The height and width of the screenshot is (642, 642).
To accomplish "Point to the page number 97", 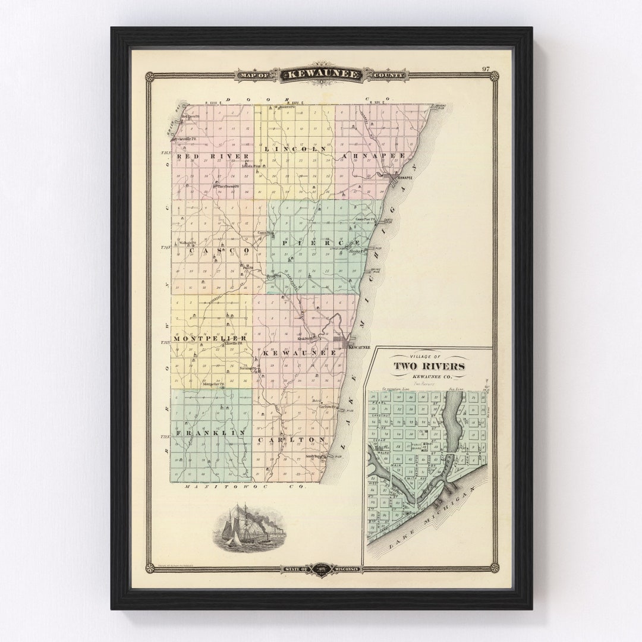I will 486,69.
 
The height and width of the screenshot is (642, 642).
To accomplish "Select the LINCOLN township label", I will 295,149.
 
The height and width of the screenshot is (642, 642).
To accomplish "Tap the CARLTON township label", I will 292,439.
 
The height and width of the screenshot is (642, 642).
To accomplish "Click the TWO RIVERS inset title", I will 429,366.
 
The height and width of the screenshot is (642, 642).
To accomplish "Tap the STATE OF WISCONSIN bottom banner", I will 321,569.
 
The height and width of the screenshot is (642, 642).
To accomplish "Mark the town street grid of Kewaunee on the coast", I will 342,344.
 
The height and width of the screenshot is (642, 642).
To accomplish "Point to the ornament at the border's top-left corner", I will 150,76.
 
